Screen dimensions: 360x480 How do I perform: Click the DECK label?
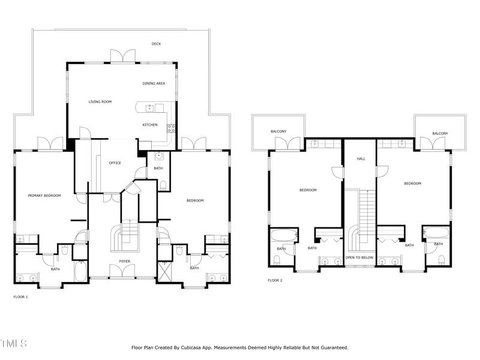coord(156,44)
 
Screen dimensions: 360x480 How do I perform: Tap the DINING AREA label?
coord(154,83)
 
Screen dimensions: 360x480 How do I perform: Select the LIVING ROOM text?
coord(100,102)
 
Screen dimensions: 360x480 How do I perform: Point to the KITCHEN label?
coord(150,125)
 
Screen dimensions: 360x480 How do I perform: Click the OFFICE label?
coord(115,163)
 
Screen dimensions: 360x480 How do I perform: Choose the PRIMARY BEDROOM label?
coord(44,196)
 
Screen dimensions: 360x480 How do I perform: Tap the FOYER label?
coord(124,262)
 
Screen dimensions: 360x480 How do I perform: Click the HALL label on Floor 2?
coord(361,159)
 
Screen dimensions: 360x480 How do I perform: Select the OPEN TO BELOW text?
coord(359,257)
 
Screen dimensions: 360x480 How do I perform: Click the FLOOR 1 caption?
coord(20,297)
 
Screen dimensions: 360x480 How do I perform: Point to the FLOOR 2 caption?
coord(275,280)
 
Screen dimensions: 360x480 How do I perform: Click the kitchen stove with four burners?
coord(171,127)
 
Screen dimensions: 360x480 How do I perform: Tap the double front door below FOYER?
coord(124,272)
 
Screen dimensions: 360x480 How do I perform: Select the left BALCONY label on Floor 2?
coord(278,132)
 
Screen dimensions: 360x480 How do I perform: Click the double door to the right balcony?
coord(430,144)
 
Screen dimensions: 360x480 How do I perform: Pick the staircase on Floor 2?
coord(363,213)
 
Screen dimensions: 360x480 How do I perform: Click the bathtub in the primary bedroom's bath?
coord(81,271)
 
